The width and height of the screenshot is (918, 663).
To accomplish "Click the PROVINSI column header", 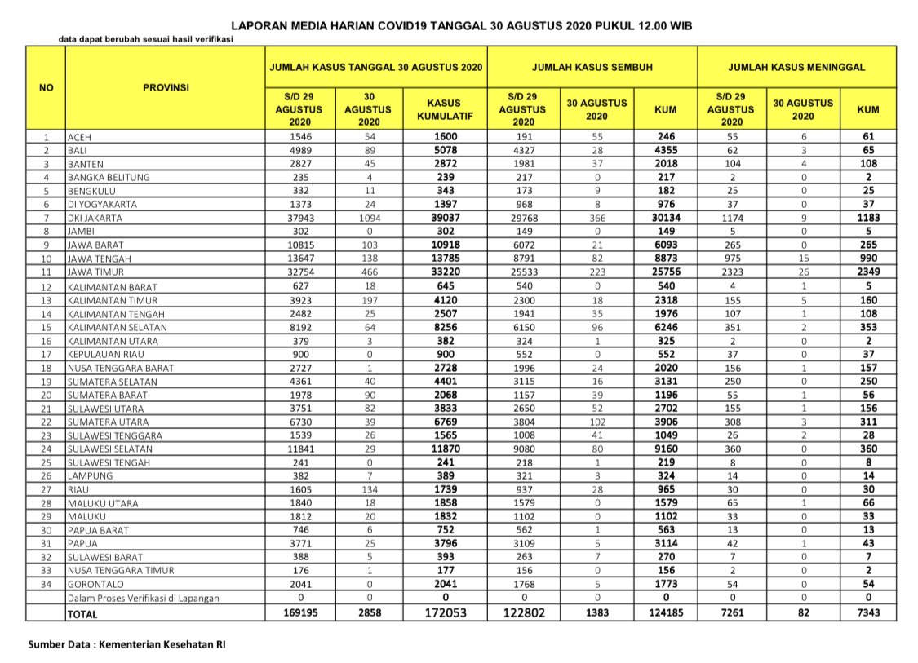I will (166, 87).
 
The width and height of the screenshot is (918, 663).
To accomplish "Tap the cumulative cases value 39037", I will (444, 218).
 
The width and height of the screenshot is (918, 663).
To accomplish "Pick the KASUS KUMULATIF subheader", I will (444, 109).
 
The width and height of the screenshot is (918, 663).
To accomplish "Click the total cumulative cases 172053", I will (444, 612).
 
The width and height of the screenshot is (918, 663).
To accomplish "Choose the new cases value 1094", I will (368, 218).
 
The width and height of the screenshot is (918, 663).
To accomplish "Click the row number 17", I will (47, 355).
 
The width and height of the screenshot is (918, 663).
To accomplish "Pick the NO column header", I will (46, 87).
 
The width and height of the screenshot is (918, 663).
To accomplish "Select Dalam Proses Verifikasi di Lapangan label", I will (143, 599).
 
